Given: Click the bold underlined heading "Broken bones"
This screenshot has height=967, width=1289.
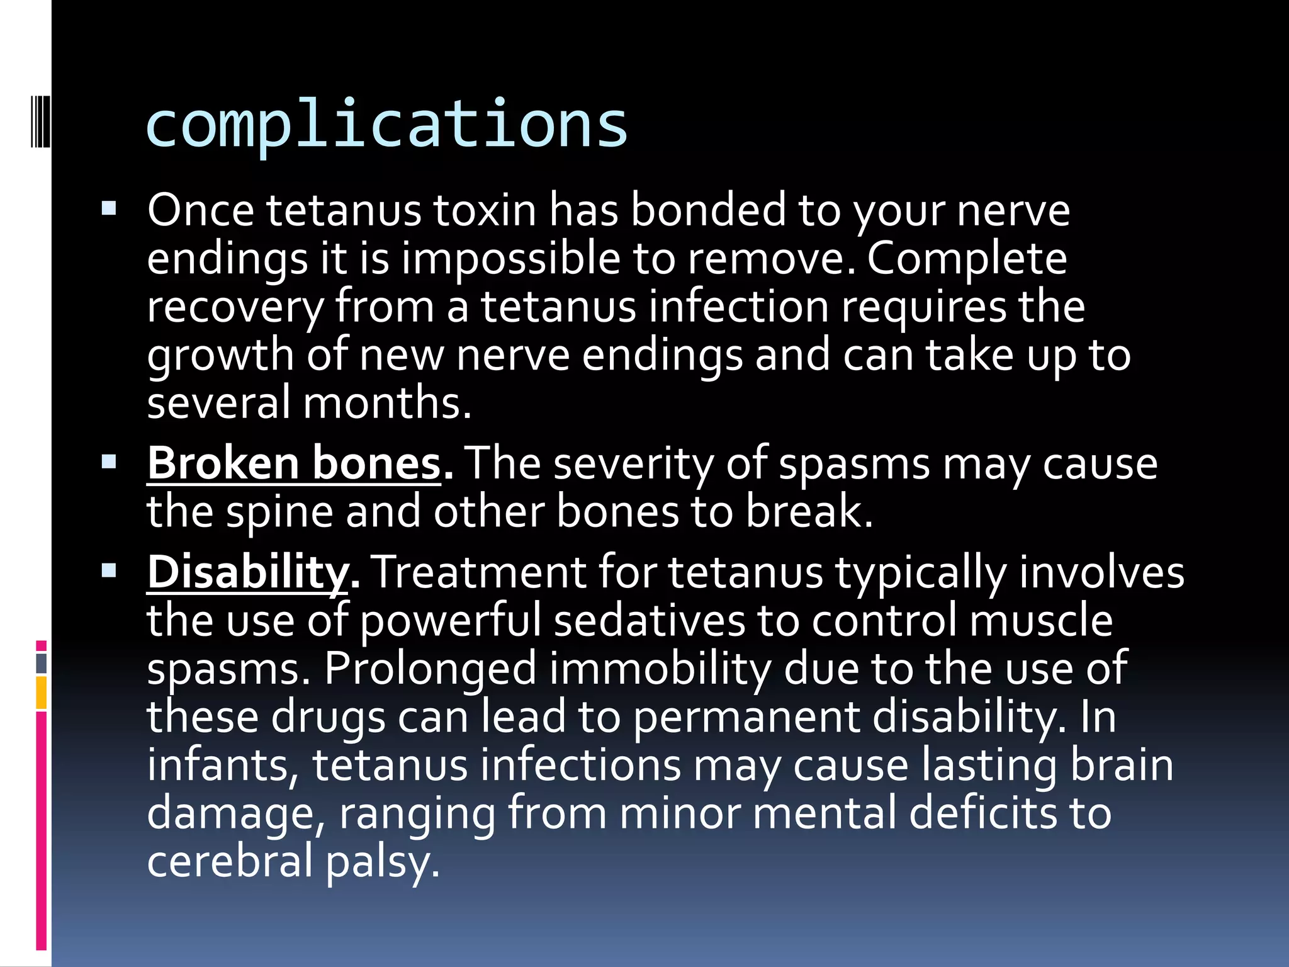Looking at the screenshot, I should [x=294, y=464].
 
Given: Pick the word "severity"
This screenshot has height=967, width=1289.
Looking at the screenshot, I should [x=633, y=464].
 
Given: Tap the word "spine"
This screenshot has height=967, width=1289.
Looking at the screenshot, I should [x=279, y=511].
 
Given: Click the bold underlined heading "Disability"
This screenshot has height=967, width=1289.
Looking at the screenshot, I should [x=247, y=572].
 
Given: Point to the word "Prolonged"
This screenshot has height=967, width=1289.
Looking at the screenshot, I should [x=430, y=669].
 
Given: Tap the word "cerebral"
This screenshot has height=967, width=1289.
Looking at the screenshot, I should [x=230, y=861].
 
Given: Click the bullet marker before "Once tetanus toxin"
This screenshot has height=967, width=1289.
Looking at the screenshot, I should [x=109, y=208].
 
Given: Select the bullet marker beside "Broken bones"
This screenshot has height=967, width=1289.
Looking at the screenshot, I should [x=109, y=463].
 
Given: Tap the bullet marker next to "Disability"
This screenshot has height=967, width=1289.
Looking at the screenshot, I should [x=109, y=571].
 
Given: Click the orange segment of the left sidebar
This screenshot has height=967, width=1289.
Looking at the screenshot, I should [x=42, y=692].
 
